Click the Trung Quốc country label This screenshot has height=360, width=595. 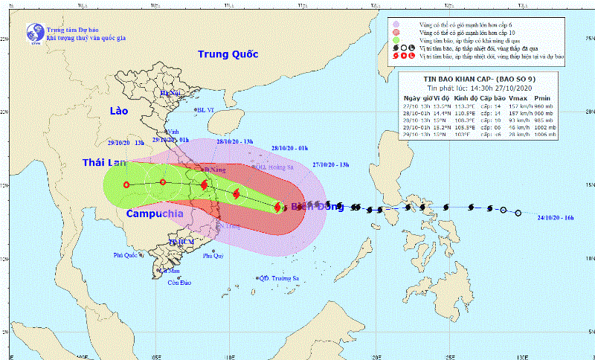pos(228,54)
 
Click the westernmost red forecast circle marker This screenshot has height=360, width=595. pos(126,184)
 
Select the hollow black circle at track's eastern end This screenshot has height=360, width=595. pos(518,213)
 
